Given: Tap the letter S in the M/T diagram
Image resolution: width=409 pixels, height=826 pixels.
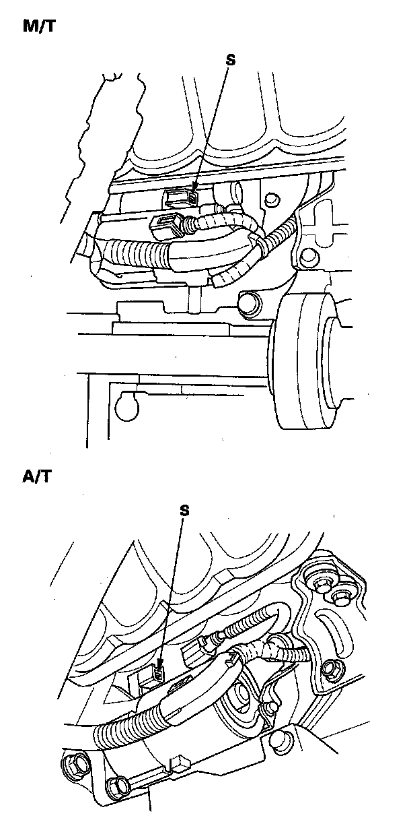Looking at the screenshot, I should (231, 60).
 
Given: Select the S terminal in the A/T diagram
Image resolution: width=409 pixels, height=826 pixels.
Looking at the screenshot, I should (158, 673).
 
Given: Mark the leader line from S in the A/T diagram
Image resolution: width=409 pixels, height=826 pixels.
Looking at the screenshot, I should (172, 593).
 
